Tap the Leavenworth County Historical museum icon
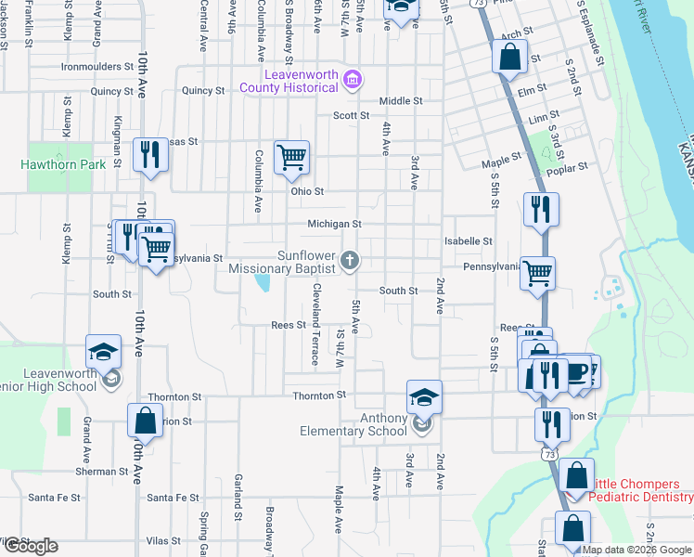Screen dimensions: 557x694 point(352,78)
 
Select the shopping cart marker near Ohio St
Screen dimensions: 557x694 point(292,157)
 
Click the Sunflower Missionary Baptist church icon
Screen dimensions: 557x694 point(350,261)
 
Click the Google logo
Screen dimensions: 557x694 point(30,546)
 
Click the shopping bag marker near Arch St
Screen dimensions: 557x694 point(510,58)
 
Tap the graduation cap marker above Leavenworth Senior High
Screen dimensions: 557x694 point(104,352)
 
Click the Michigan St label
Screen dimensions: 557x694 point(335,224)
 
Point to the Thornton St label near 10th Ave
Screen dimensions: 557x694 point(174,396)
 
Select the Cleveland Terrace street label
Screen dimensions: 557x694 point(316,324)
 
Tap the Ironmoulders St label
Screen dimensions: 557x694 point(97,67)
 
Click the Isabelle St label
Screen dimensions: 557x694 point(468,241)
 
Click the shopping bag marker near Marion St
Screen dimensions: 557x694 point(146,421)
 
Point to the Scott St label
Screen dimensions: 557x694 point(352,116)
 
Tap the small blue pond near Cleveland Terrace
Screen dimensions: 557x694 point(263,281)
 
